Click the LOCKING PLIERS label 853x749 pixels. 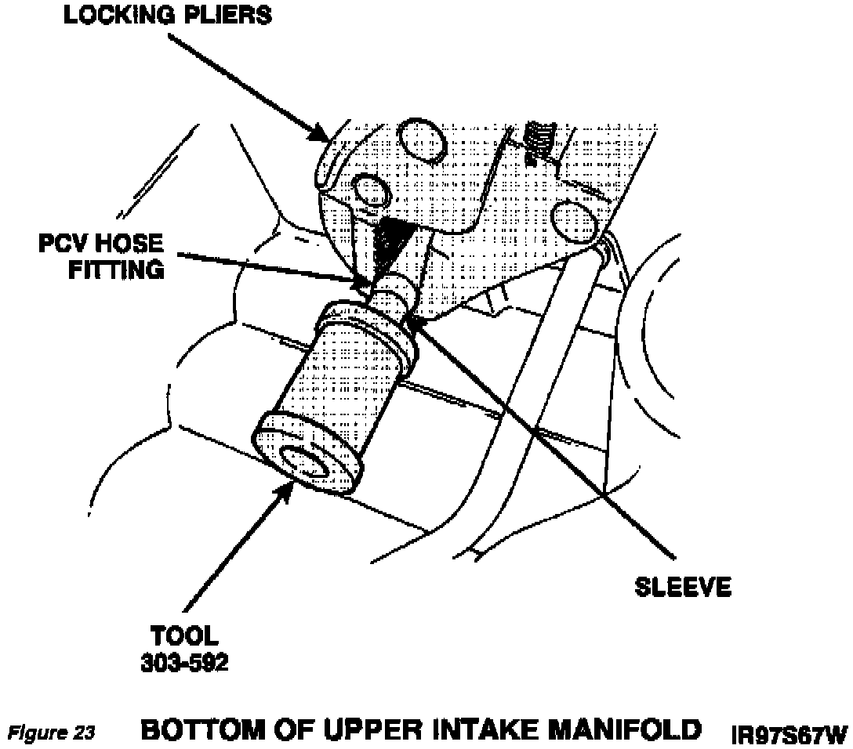(x=167, y=15)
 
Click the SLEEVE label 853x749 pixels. (x=682, y=586)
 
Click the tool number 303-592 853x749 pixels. (x=185, y=662)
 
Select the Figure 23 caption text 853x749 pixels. (x=52, y=733)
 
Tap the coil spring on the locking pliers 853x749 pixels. (x=540, y=142)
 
